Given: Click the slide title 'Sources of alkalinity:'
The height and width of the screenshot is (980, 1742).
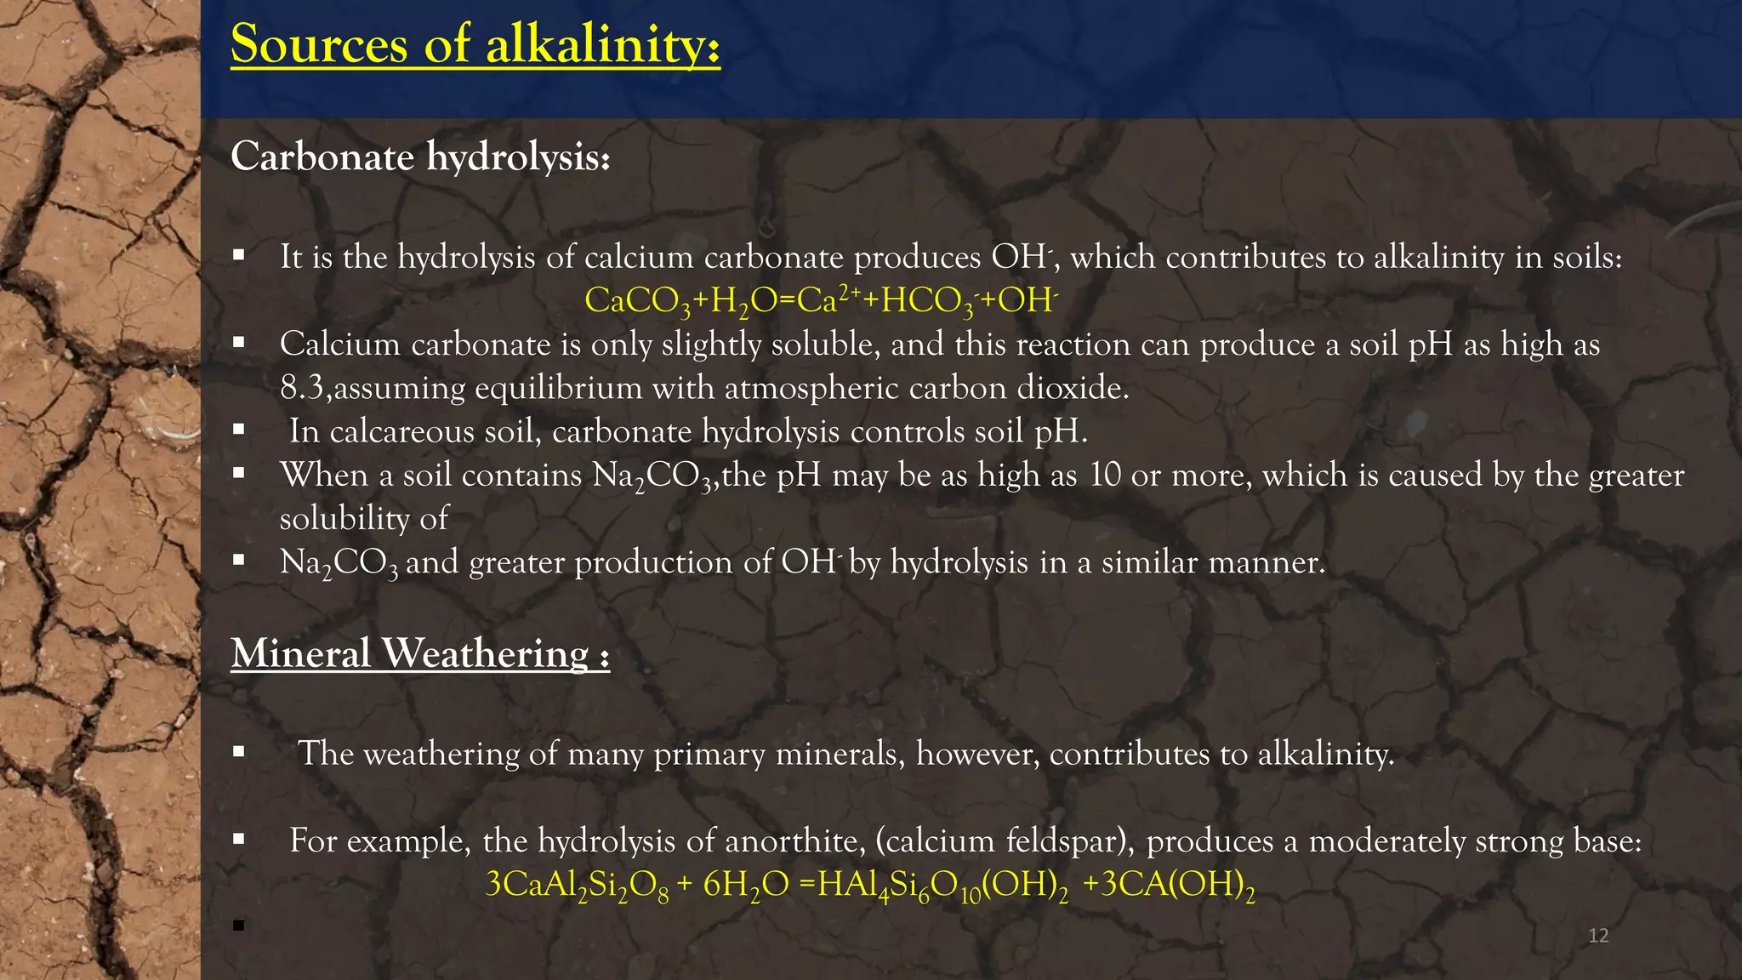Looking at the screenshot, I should (x=475, y=44).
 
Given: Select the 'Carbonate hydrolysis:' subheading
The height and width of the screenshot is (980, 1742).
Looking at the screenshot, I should (x=420, y=157).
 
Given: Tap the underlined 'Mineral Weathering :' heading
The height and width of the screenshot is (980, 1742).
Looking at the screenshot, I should (x=420, y=654).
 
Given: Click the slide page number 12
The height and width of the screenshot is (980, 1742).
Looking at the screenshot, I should (x=1598, y=936).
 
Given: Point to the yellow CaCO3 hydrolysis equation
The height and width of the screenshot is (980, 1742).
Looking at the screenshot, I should (x=821, y=301).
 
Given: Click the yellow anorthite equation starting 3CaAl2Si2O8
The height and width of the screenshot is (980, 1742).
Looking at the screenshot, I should (x=869, y=886).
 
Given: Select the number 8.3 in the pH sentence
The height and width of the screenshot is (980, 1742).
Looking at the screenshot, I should (x=301, y=389).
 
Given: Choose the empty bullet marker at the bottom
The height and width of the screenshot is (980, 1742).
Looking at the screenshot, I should (x=238, y=926).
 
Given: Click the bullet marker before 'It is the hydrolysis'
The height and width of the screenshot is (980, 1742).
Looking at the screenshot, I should (x=238, y=254).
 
